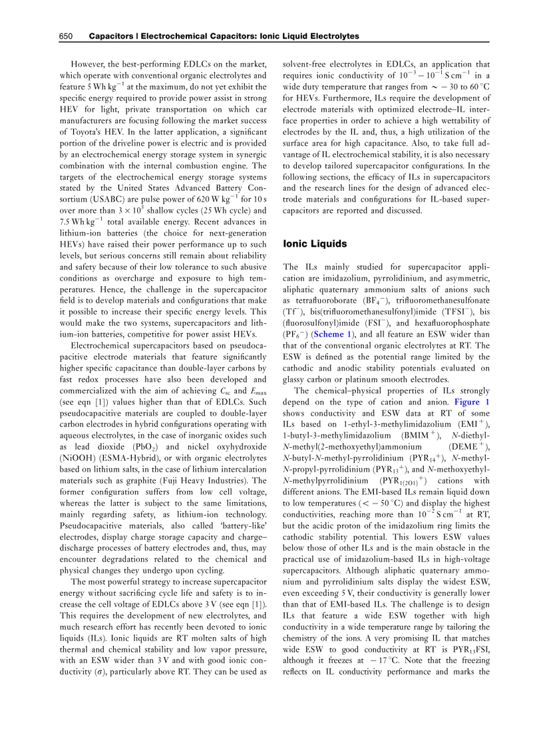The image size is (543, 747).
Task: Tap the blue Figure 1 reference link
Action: (x=472, y=402)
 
